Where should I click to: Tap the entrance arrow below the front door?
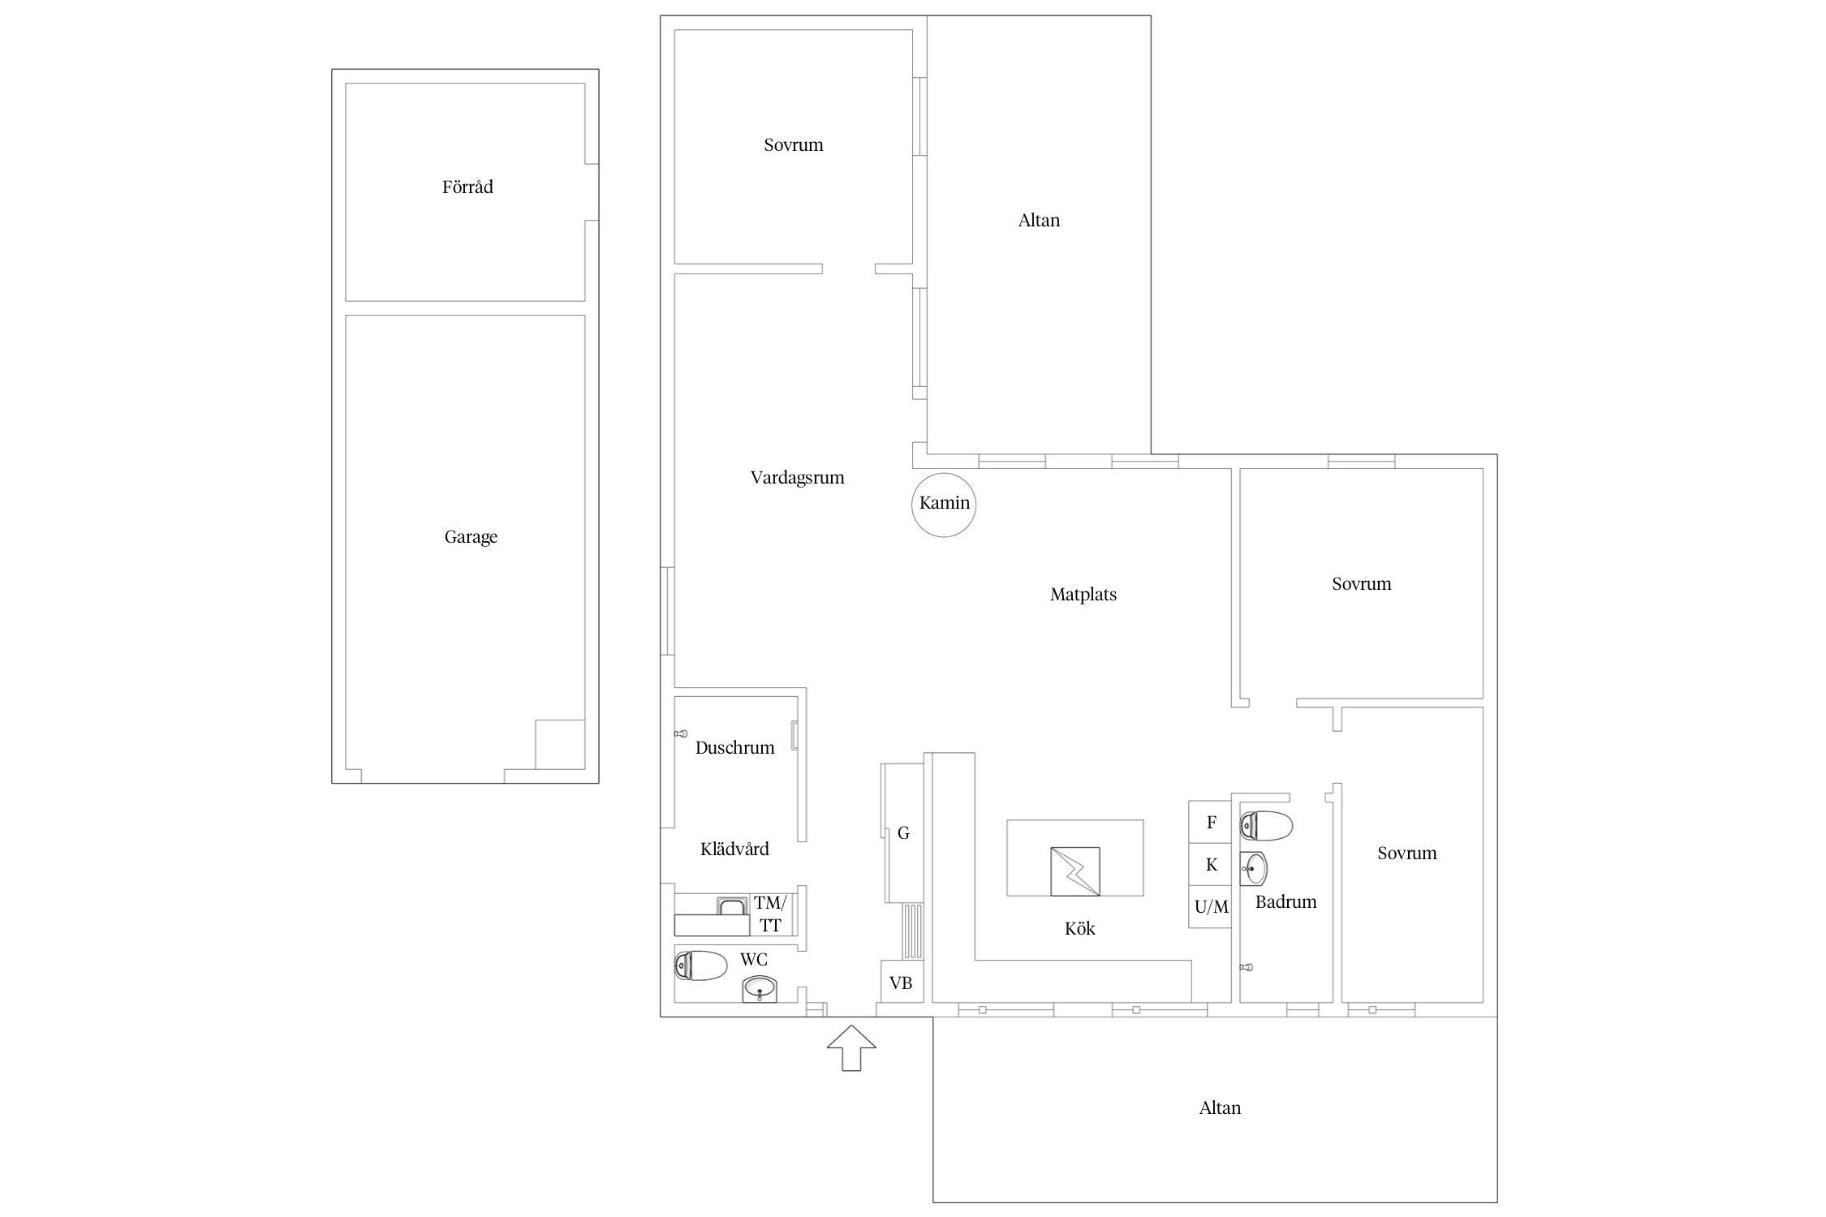click(x=851, y=1048)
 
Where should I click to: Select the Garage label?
click(x=471, y=537)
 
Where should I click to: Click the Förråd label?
click(x=467, y=187)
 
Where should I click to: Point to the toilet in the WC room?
click(x=700, y=965)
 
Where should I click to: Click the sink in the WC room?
click(x=760, y=989)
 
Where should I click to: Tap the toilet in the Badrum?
click(x=1266, y=826)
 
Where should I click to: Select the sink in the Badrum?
click(x=1253, y=869)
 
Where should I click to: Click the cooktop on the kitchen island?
click(x=1075, y=871)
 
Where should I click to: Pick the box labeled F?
click(x=1210, y=822)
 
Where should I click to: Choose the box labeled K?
click(x=1210, y=864)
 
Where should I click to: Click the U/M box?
click(x=1210, y=906)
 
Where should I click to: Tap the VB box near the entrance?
click(x=902, y=982)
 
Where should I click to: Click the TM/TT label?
click(x=770, y=914)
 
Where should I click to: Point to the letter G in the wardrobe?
click(x=903, y=833)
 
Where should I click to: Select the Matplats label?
click(x=1083, y=595)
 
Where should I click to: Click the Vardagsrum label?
click(x=797, y=478)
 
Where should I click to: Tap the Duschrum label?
click(x=734, y=748)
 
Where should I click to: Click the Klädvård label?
click(x=734, y=849)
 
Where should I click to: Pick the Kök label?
click(x=1079, y=929)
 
